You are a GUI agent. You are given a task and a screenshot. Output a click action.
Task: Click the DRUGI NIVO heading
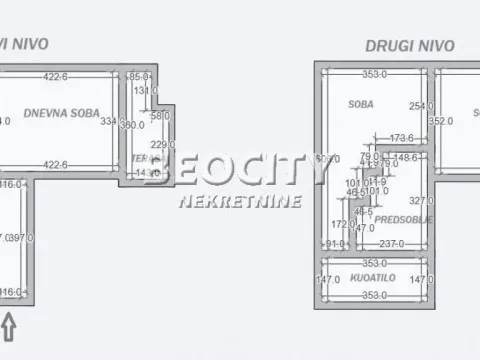(x=409, y=45)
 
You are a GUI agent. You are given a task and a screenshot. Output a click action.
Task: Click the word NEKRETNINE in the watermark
(x=227, y=201)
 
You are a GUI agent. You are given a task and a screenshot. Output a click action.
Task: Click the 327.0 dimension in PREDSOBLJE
(x=419, y=199)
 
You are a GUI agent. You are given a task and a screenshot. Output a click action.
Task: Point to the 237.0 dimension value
(x=391, y=243)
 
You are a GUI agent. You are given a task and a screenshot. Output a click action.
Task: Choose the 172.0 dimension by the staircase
(x=341, y=224)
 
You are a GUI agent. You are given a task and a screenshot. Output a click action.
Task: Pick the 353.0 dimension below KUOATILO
(x=374, y=296)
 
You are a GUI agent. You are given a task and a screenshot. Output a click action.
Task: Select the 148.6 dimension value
(x=405, y=157)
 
